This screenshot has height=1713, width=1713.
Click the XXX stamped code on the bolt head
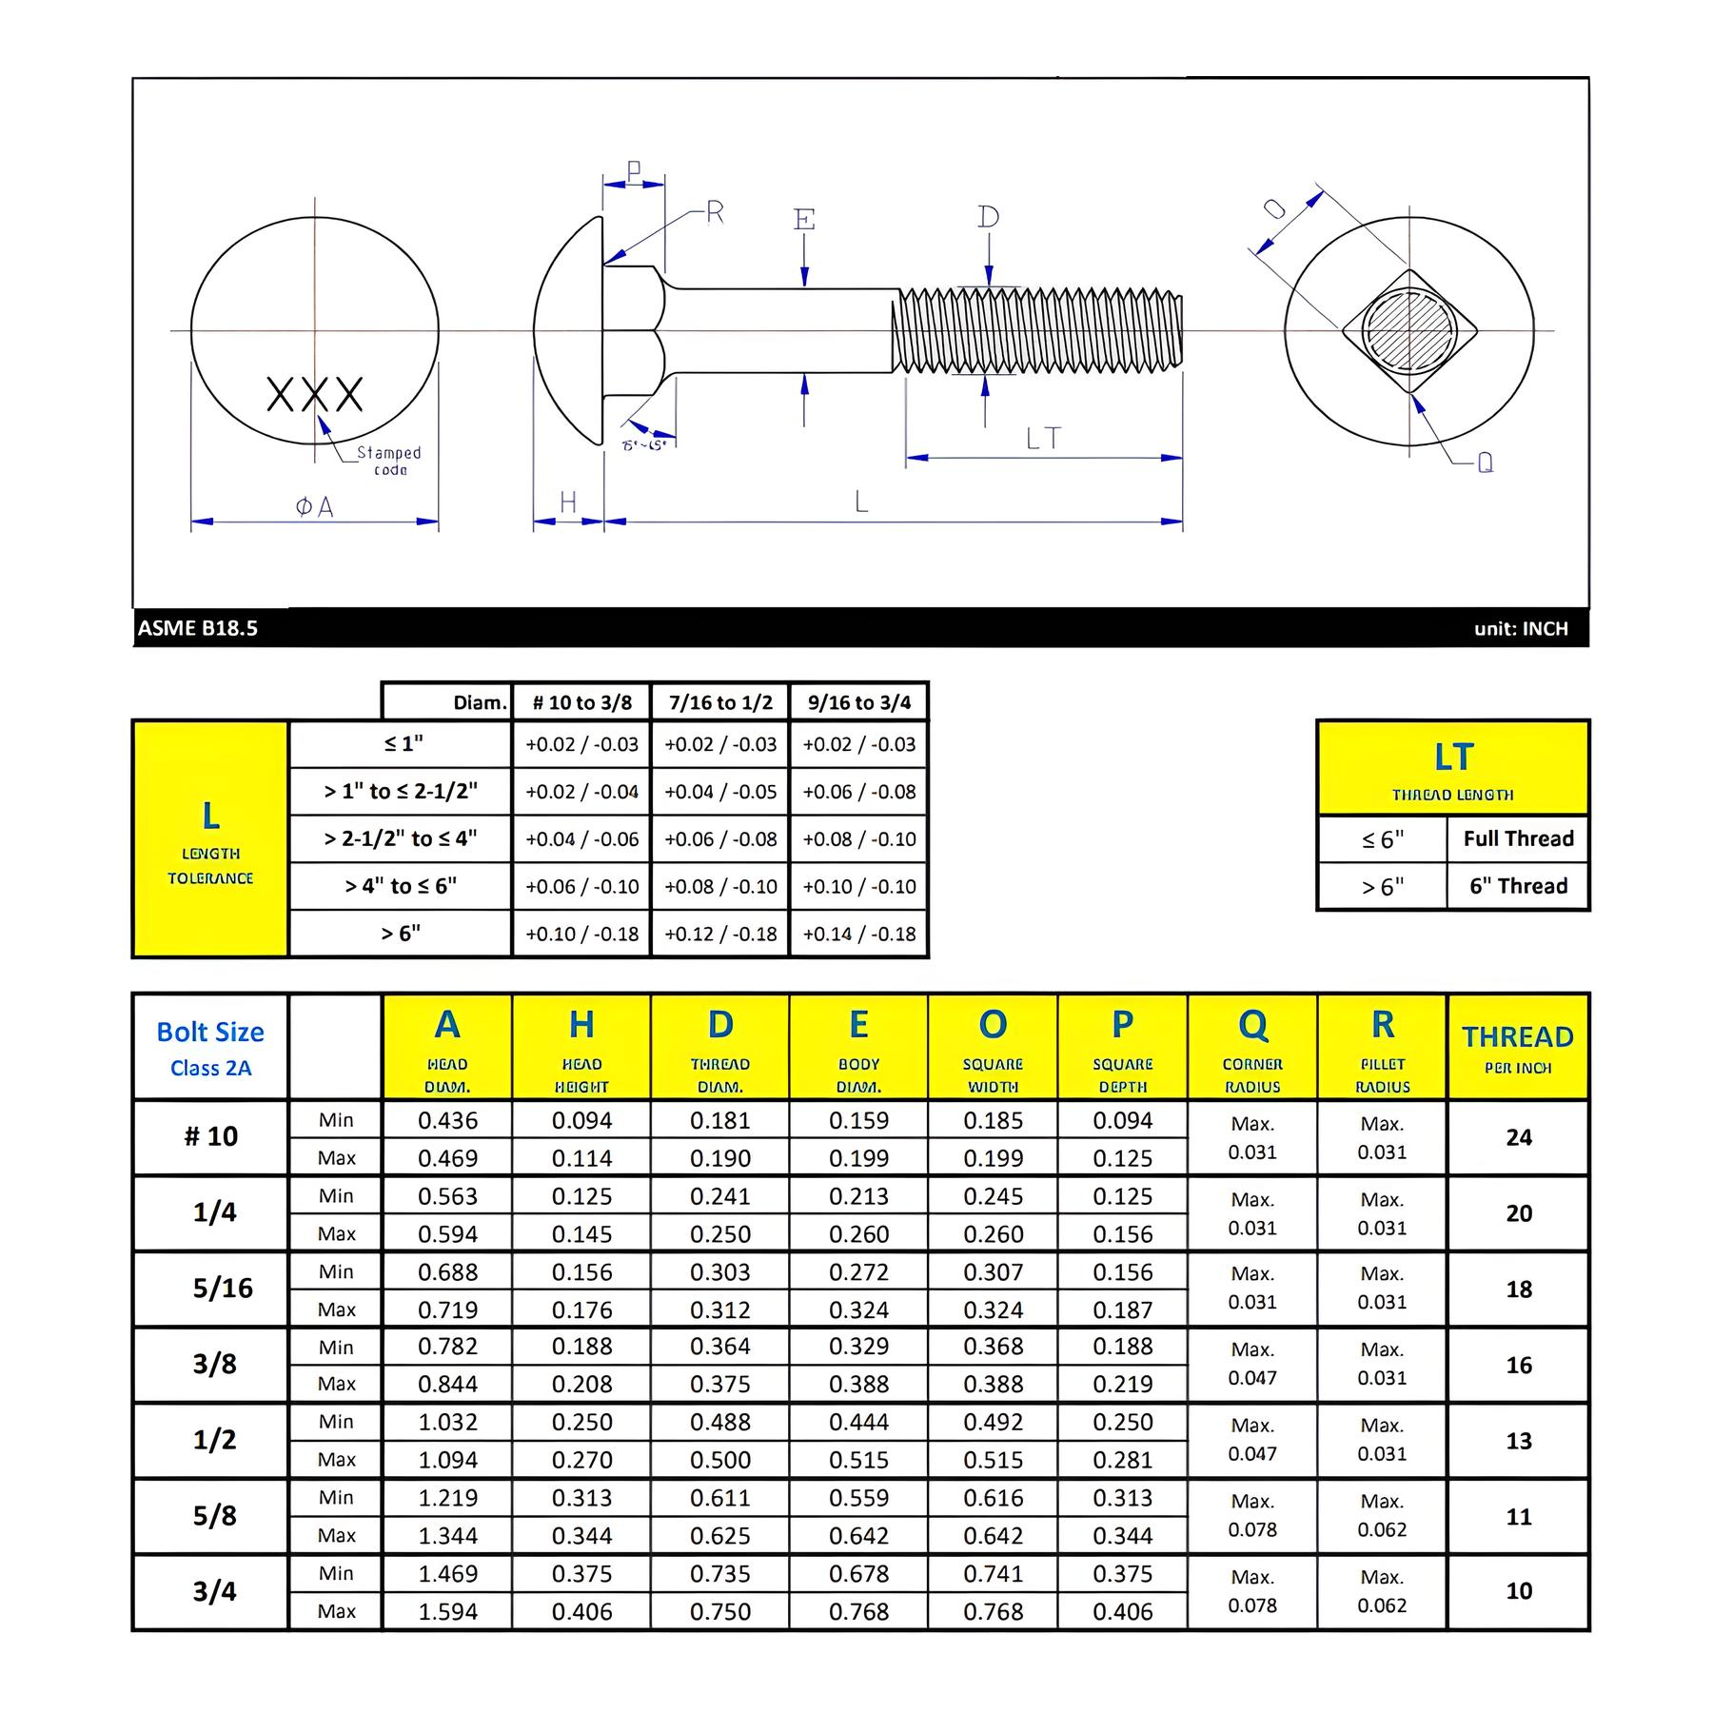[x=314, y=393]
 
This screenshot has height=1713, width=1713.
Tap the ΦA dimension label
[x=315, y=507]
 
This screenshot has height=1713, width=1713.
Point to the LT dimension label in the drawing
[x=1043, y=439]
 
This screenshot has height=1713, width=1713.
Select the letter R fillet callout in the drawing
[x=715, y=213]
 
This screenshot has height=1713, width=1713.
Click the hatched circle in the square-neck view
[x=1408, y=329]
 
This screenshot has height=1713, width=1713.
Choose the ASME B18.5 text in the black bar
[x=198, y=628]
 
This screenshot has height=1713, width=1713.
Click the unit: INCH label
[x=1521, y=628]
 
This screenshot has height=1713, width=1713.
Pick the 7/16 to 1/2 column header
[x=720, y=702]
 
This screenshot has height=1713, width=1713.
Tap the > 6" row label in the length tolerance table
[x=401, y=934]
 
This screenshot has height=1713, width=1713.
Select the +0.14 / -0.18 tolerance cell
[x=859, y=934]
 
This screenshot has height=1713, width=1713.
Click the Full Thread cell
[x=1518, y=838]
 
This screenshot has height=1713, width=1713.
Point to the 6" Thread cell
[x=1518, y=886]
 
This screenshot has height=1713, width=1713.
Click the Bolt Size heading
[x=210, y=1033]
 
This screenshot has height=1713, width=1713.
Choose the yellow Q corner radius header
[x=1252, y=1047]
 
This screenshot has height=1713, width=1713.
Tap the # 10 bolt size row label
[x=210, y=1136]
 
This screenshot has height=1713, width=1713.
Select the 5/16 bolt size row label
[x=223, y=1289]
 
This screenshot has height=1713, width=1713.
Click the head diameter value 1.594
[x=447, y=1612]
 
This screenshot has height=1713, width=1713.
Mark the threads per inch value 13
[x=1519, y=1441]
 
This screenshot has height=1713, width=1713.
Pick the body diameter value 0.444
[x=858, y=1422]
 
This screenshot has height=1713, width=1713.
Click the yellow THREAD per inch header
[x=1518, y=1047]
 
